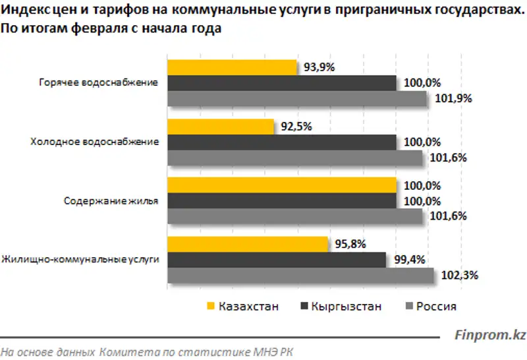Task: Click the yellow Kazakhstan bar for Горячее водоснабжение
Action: (x=233, y=67)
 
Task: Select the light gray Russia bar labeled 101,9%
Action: (x=297, y=99)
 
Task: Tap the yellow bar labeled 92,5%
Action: (x=221, y=126)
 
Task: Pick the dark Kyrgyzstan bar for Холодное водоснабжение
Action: (x=282, y=142)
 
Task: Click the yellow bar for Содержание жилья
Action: (x=282, y=185)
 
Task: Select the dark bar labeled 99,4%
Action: (x=277, y=260)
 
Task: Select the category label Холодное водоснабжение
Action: (x=95, y=142)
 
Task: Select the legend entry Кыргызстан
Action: (x=347, y=306)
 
